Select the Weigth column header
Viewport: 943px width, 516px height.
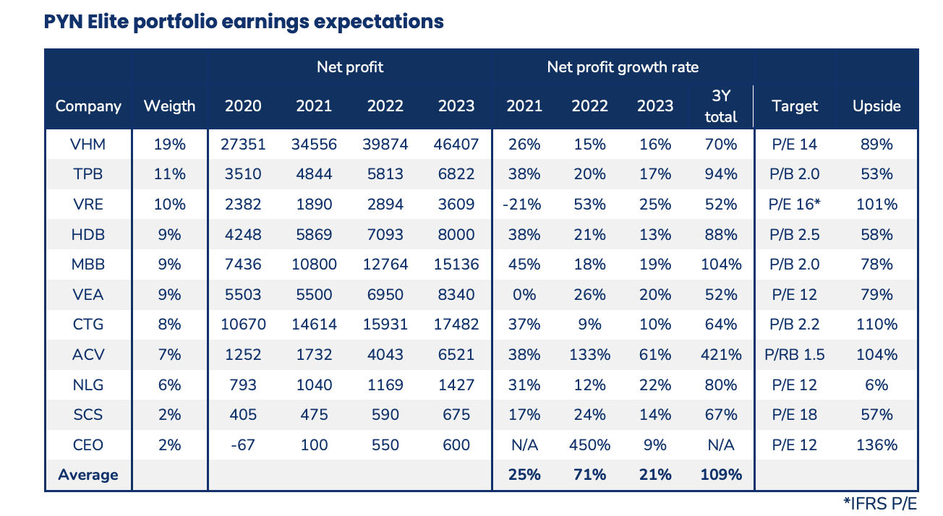169,106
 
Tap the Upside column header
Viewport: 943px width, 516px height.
876,106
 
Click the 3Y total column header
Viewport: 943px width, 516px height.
720,106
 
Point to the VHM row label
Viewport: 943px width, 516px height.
88,145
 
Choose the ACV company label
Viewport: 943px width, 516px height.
88,355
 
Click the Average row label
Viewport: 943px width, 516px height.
88,475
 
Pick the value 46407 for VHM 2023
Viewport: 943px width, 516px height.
456,145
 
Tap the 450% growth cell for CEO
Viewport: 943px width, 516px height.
590,445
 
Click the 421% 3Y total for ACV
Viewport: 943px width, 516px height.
720,355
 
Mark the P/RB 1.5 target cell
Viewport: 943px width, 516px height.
795,355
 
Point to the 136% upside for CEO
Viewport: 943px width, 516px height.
876,445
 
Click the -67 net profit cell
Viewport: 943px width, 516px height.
243,445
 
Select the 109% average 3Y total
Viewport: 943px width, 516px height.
720,475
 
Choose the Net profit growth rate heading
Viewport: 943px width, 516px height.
623,67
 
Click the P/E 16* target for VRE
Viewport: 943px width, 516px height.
795,205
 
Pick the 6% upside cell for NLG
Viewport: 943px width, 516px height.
876,385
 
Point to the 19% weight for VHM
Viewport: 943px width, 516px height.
169,145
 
